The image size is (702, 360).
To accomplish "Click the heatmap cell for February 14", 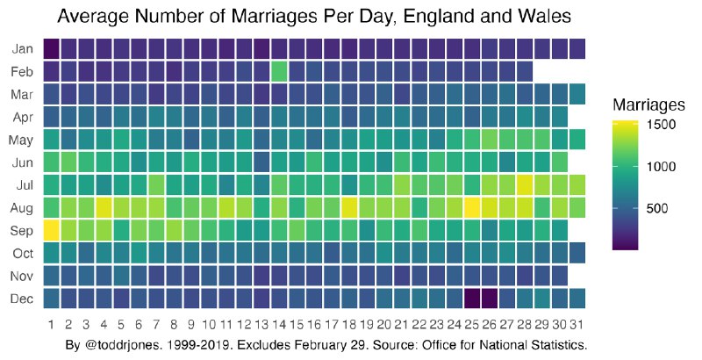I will click(x=280, y=70).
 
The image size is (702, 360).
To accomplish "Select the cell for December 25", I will click(x=470, y=299).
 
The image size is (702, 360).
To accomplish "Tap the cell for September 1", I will click(x=51, y=230).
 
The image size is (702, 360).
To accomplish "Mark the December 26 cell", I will click(x=490, y=299).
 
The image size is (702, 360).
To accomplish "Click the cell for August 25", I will click(x=470, y=207).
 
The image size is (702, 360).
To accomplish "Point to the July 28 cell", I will click(x=526, y=184).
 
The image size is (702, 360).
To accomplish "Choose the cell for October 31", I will click(x=577, y=253).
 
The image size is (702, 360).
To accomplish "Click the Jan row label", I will click(x=23, y=48).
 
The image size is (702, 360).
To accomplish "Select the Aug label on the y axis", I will click(x=23, y=208).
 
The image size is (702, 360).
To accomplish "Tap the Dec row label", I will click(x=23, y=299).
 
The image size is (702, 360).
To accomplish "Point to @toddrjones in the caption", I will click(x=125, y=344).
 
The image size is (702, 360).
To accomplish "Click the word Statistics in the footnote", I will click(x=555, y=344).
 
